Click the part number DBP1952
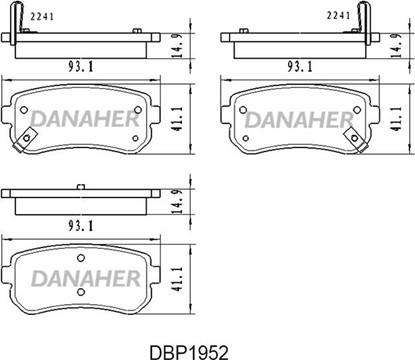click(189, 352)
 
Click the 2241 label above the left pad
click(42, 16)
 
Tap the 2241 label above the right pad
click(338, 15)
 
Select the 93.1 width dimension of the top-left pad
click(81, 67)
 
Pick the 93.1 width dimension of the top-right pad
click(300, 67)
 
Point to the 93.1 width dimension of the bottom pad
click(81, 226)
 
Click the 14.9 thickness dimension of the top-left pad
click(177, 46)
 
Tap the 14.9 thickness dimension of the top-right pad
click(396, 46)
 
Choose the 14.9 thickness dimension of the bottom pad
click(177, 202)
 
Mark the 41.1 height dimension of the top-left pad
click(177, 118)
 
